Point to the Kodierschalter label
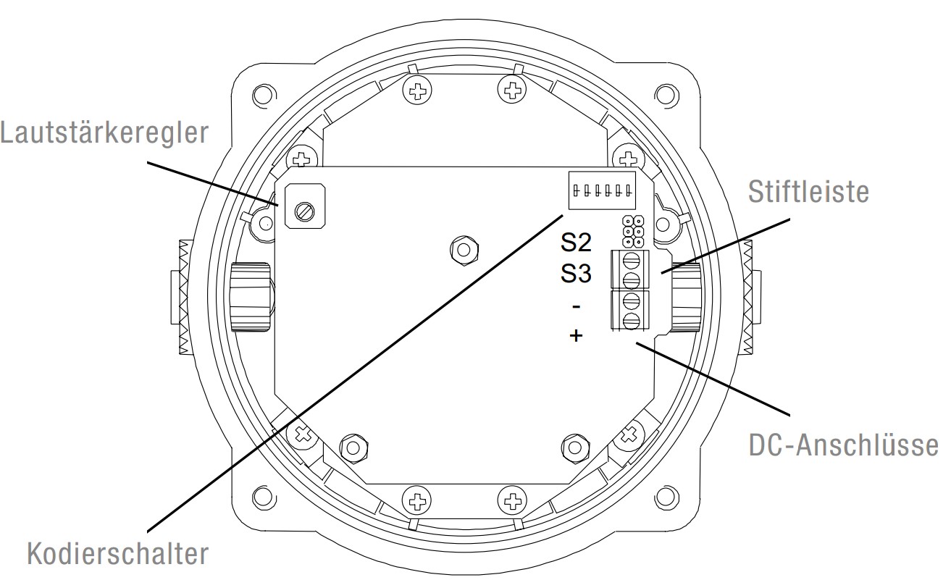point(117,555)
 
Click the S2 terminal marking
point(576,242)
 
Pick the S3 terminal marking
point(576,274)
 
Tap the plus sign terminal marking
point(576,336)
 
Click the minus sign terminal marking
point(576,306)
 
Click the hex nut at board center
point(461,250)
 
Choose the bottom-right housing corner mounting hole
point(663,499)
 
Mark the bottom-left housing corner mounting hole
point(261,499)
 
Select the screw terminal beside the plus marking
point(631,319)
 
